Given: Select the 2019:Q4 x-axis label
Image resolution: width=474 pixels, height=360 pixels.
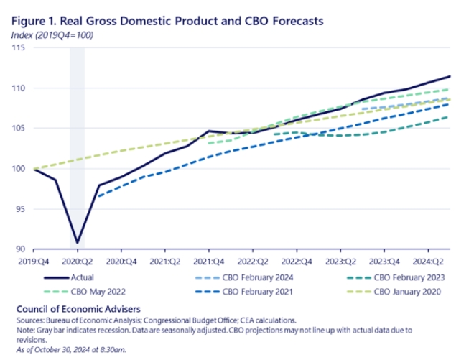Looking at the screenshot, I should coord(33,262).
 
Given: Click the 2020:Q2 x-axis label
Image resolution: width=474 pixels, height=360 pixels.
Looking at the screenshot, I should coord(77,262).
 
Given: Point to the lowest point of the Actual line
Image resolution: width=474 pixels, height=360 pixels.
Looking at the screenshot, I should coord(77,243).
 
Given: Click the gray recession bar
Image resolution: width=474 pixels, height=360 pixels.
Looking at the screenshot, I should coord(77,144).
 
